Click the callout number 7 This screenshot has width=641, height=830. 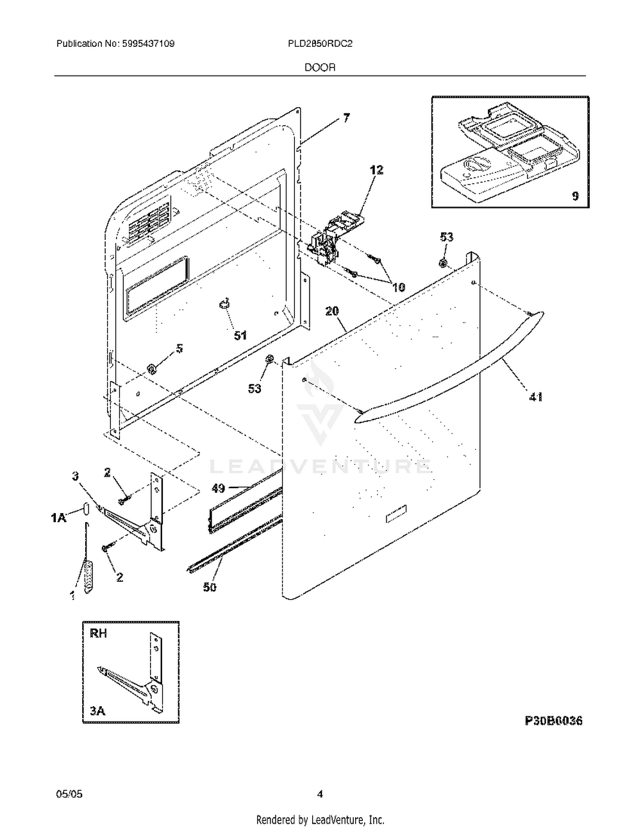point(346,118)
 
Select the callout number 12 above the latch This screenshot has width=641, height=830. point(376,170)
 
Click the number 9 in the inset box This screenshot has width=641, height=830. point(575,196)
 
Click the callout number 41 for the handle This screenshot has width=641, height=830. point(535,397)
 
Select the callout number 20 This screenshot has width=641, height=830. point(332,311)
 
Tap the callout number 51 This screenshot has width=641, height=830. point(240,335)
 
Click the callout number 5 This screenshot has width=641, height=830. point(179,348)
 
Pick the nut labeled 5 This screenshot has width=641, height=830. point(153,368)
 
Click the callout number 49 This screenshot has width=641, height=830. point(218,488)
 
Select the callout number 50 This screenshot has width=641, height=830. point(210,587)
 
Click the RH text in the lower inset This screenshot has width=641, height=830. point(98,634)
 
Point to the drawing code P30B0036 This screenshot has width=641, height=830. point(553,721)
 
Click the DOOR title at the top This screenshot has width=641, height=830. point(320,67)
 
